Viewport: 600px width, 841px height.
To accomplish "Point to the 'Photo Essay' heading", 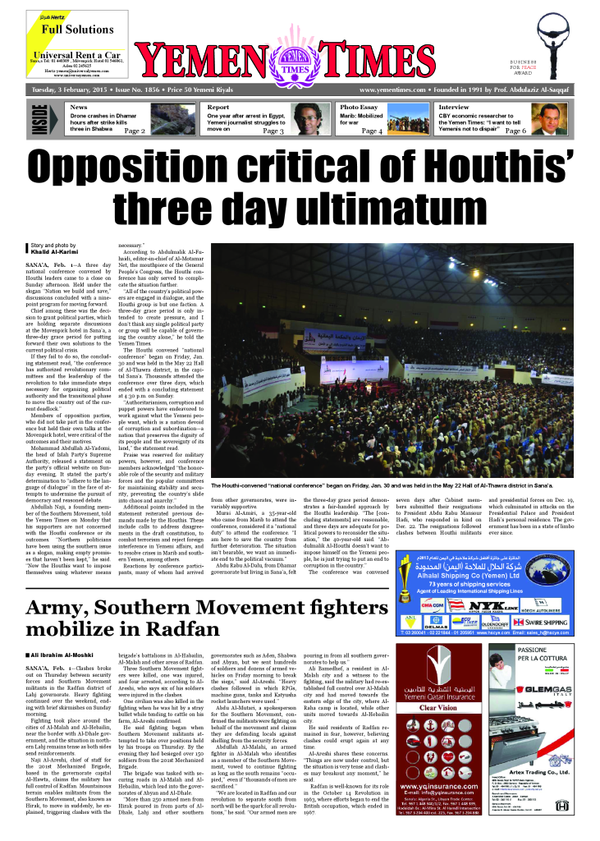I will point(359,108).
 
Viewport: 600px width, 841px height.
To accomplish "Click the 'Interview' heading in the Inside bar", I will point(454,108).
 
